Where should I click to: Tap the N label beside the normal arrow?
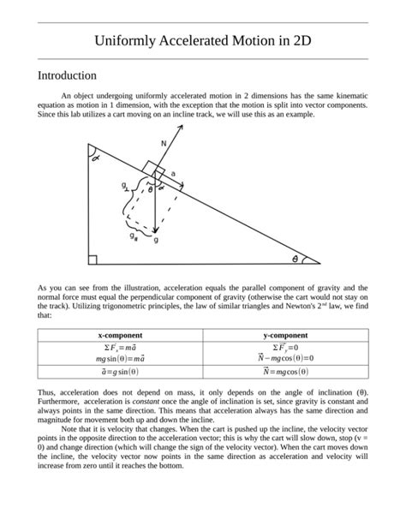tap(163, 143)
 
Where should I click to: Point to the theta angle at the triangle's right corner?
tap(296, 256)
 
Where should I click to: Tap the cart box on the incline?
tap(152, 169)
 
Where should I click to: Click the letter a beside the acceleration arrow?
tap(174, 174)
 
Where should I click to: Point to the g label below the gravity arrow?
tap(155, 241)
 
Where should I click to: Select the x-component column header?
tap(120, 335)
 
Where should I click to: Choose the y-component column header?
tap(286, 335)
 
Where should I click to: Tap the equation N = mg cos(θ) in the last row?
tap(286, 372)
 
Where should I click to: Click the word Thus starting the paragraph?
tap(48, 391)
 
